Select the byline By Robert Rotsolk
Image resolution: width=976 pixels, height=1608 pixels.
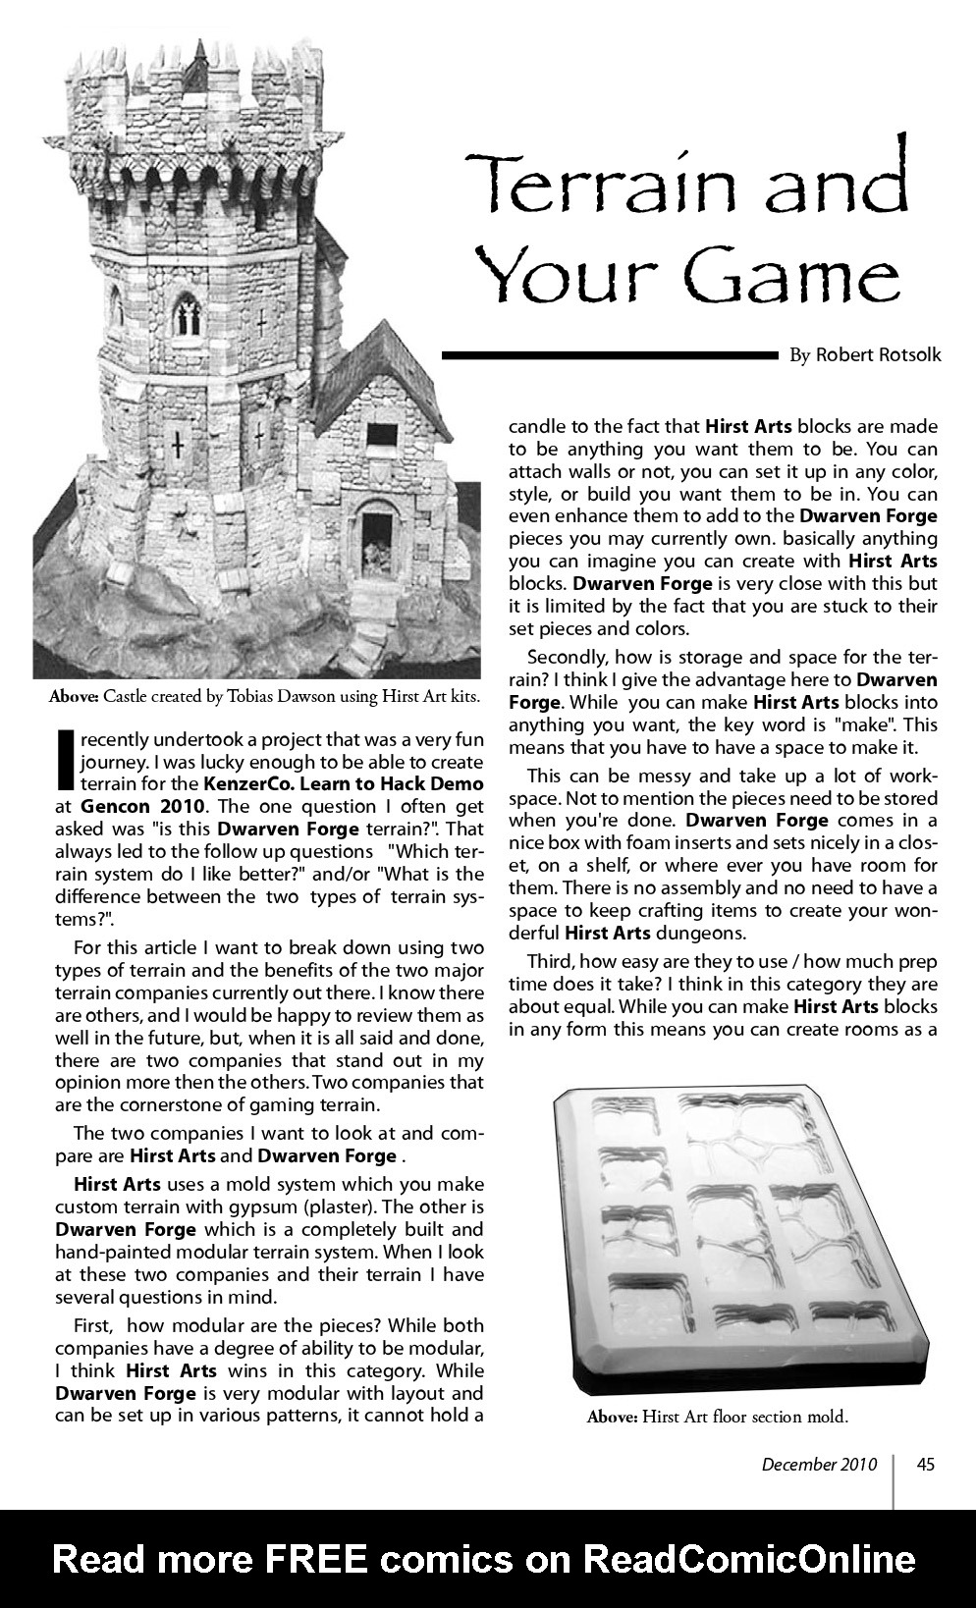(x=864, y=355)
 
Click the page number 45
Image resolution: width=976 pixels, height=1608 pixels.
(x=925, y=1464)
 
